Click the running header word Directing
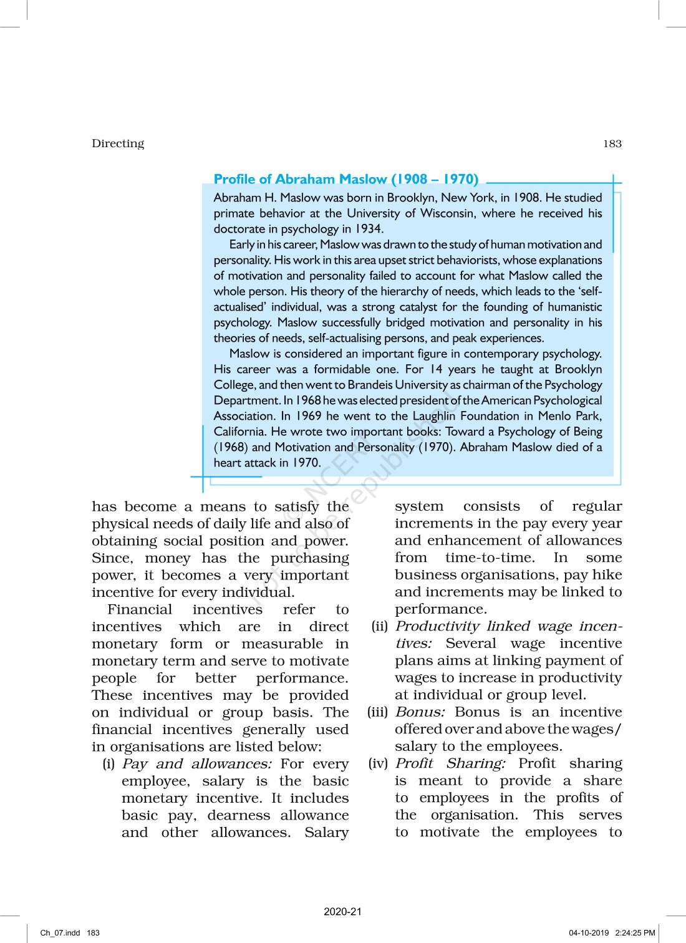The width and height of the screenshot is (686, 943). pyautogui.click(x=118, y=143)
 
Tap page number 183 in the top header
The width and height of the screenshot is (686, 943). pyautogui.click(x=612, y=143)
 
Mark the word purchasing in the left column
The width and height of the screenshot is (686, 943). pyautogui.click(x=310, y=558)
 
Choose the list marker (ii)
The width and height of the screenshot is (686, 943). pyautogui.click(x=380, y=627)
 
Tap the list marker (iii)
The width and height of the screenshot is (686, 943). pyautogui.click(x=379, y=712)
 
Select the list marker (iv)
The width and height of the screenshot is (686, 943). pyautogui.click(x=379, y=763)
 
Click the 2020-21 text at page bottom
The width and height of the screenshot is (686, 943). pyautogui.click(x=342, y=912)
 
